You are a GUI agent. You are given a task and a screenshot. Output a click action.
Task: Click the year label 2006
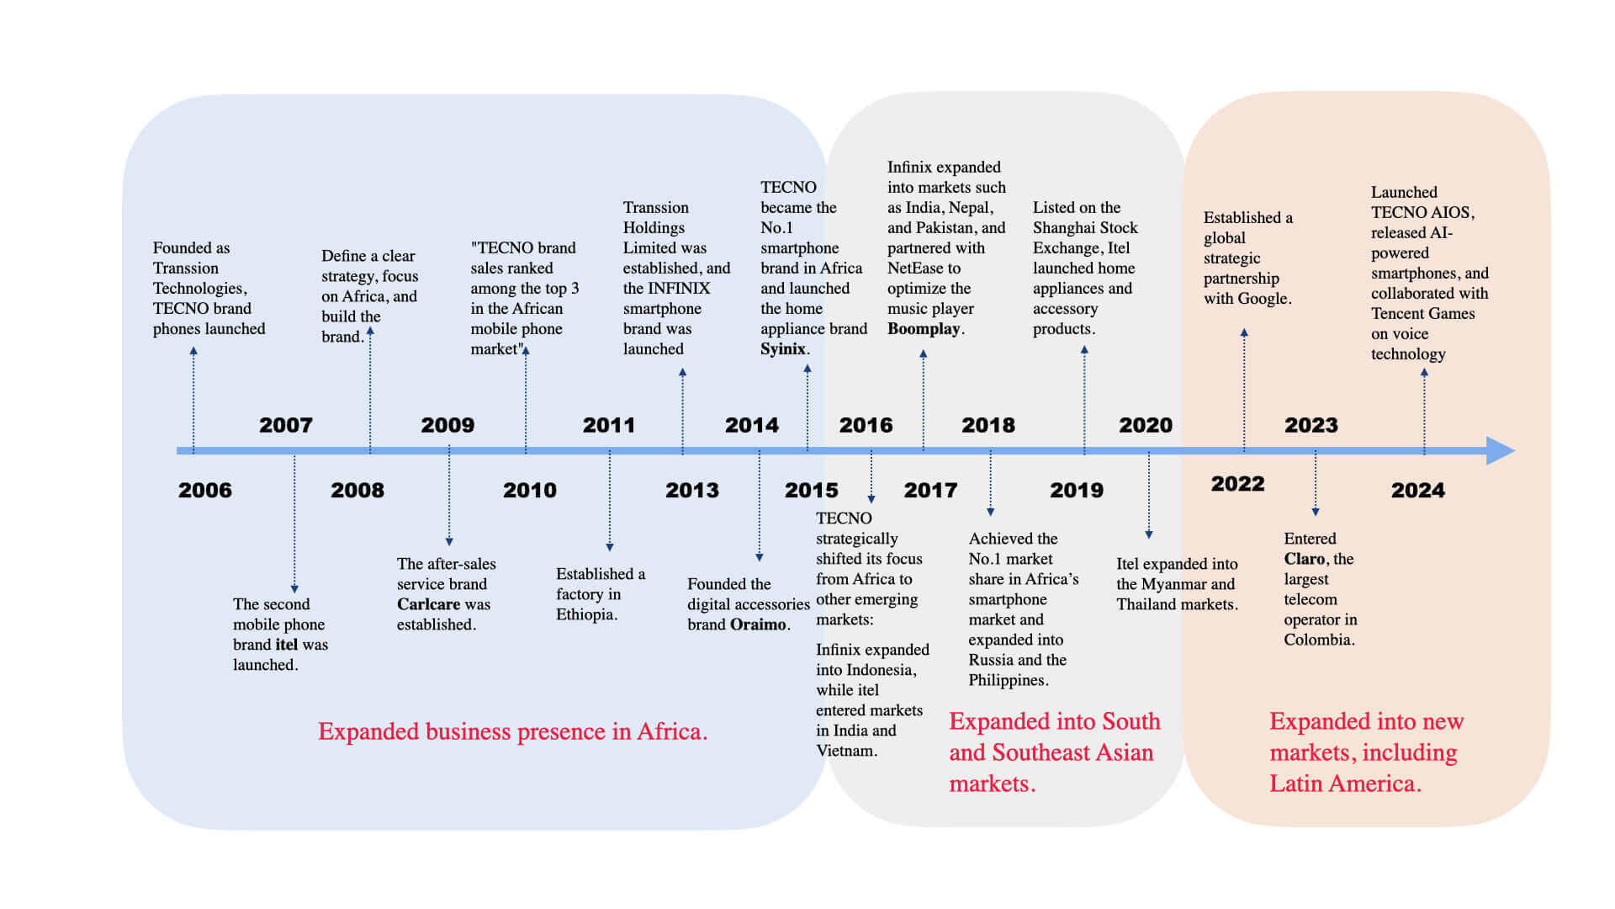click(x=204, y=490)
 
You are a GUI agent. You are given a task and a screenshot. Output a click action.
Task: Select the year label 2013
click(x=691, y=490)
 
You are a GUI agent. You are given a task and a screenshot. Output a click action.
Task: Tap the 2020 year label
click(x=1145, y=425)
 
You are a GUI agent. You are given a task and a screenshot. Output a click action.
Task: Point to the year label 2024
click(x=1417, y=490)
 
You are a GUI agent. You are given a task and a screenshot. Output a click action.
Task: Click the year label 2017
click(x=930, y=490)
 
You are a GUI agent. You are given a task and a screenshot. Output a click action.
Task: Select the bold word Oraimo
click(x=758, y=625)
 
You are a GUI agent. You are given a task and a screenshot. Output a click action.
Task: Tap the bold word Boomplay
click(x=923, y=329)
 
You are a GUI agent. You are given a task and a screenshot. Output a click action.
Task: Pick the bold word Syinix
click(x=782, y=349)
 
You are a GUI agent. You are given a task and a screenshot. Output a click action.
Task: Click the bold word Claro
click(x=1304, y=559)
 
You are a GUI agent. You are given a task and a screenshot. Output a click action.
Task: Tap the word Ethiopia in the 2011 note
click(x=585, y=614)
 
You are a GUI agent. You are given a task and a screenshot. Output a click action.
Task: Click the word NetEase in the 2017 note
click(x=915, y=268)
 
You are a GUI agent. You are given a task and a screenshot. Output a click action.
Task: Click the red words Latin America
click(x=1343, y=784)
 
